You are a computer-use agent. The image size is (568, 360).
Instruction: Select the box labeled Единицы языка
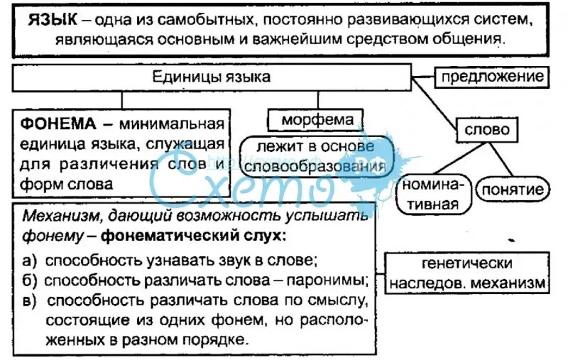212,77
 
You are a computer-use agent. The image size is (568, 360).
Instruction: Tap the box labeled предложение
492,76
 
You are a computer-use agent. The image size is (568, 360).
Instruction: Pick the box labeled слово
487,131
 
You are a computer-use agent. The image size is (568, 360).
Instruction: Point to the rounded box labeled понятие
514,190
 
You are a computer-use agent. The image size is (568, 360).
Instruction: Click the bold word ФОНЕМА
57,124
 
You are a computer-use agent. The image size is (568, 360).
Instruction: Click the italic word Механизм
58,214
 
